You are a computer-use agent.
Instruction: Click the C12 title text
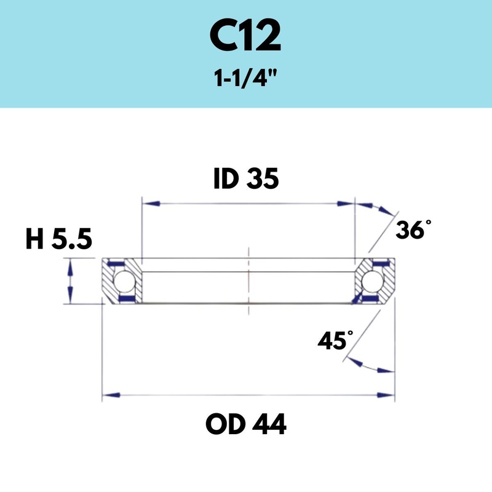coord(245,38)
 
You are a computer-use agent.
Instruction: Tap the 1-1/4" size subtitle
coord(245,79)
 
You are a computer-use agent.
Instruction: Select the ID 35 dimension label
coord(246,179)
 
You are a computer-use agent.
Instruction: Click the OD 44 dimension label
coord(246,424)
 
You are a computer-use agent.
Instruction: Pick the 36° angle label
coord(410,230)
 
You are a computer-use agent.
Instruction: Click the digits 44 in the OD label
coord(269,424)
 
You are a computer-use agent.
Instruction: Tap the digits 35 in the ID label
coord(263,179)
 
